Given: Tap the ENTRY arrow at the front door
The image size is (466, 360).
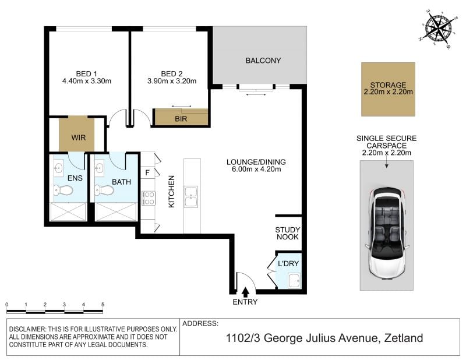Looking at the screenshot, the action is point(245,292).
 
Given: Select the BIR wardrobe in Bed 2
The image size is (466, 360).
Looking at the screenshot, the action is point(181,117).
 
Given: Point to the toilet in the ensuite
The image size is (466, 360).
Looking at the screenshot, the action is point(63,190).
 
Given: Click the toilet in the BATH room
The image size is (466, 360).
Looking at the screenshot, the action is point(104,190).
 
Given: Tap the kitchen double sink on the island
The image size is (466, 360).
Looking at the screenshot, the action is point(191,196).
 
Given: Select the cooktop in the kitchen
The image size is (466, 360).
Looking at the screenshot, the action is point(148,198).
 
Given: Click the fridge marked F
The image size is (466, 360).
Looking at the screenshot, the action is point(148,172).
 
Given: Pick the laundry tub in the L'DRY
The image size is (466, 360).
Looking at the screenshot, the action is point(295,281).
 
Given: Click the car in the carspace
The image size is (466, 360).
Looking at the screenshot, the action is point(387,232).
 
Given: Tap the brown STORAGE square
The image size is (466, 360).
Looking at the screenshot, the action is point(388,89).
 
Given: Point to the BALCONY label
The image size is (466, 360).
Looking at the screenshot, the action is point(263,61).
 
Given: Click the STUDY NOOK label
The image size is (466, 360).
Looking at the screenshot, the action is point(287,234).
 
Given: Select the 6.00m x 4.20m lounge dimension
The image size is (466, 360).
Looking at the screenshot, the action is point(256,170).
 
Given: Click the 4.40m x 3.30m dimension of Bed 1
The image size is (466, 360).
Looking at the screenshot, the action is point(87,81).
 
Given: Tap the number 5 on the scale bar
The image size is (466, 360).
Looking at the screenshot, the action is point(103,305).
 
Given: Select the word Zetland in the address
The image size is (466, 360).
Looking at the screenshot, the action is point(404,338).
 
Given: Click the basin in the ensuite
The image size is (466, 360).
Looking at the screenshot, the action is point(59,168).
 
